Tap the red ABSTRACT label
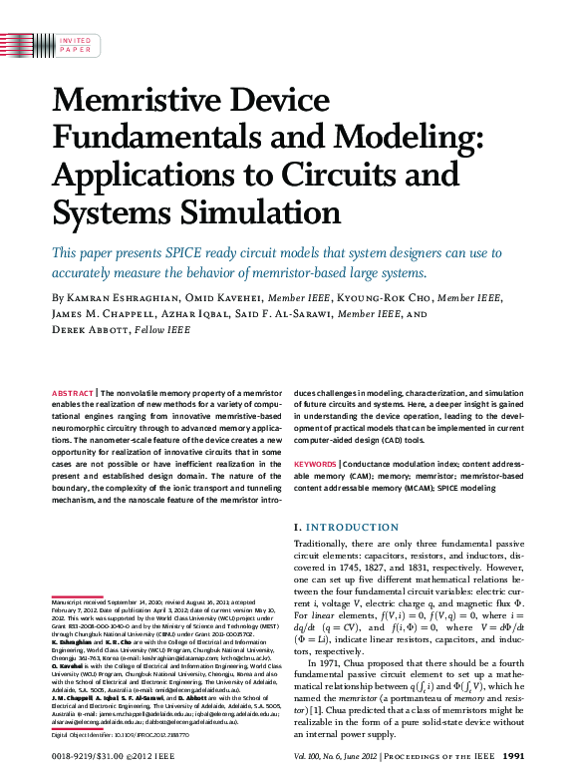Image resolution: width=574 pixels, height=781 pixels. point(73,394)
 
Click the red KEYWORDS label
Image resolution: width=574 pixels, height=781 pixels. point(315,464)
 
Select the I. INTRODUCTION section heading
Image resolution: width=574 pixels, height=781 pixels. point(344,526)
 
